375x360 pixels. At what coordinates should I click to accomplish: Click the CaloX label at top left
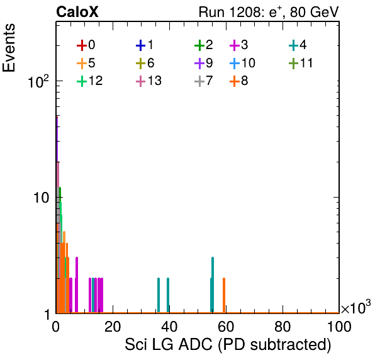pos(77,12)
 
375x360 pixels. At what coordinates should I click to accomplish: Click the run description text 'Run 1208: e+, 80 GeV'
pos(269,12)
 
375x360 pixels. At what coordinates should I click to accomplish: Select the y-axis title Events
pos(9,48)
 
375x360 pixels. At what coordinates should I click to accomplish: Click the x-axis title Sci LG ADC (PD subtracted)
pos(228,345)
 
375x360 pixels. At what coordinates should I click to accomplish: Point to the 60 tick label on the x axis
pos(226,327)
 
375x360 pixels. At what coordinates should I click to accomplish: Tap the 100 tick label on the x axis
pos(339,327)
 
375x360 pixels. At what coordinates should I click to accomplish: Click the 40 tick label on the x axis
pos(169,327)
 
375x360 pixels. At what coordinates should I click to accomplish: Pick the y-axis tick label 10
pos(41,198)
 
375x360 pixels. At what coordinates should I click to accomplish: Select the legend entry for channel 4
pos(298,45)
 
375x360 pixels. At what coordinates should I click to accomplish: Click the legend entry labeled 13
pos(148,81)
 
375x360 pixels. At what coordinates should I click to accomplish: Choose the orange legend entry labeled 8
pos(238,81)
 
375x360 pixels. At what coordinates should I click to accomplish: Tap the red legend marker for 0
pos(82,45)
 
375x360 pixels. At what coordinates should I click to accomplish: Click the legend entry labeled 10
pos(242,63)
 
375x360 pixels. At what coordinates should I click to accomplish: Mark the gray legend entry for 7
pos(204,81)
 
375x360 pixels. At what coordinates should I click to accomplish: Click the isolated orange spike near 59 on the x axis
pos(224,295)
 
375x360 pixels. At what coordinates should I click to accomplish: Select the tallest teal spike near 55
pos(213,285)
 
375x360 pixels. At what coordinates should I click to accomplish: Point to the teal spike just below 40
pos(168,295)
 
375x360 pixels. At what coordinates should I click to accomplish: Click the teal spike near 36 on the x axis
pos(159,295)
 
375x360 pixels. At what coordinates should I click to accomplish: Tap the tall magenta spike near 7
pos(77,285)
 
